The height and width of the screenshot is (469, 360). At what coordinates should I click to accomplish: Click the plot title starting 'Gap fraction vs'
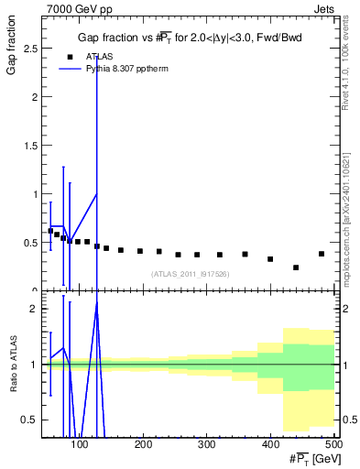tap(189, 37)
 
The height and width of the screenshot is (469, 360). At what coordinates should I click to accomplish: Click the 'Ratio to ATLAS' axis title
tap(12, 385)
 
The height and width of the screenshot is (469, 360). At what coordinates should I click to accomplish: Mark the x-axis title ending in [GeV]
tap(308, 459)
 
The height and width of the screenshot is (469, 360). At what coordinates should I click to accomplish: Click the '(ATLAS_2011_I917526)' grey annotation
tap(189, 273)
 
